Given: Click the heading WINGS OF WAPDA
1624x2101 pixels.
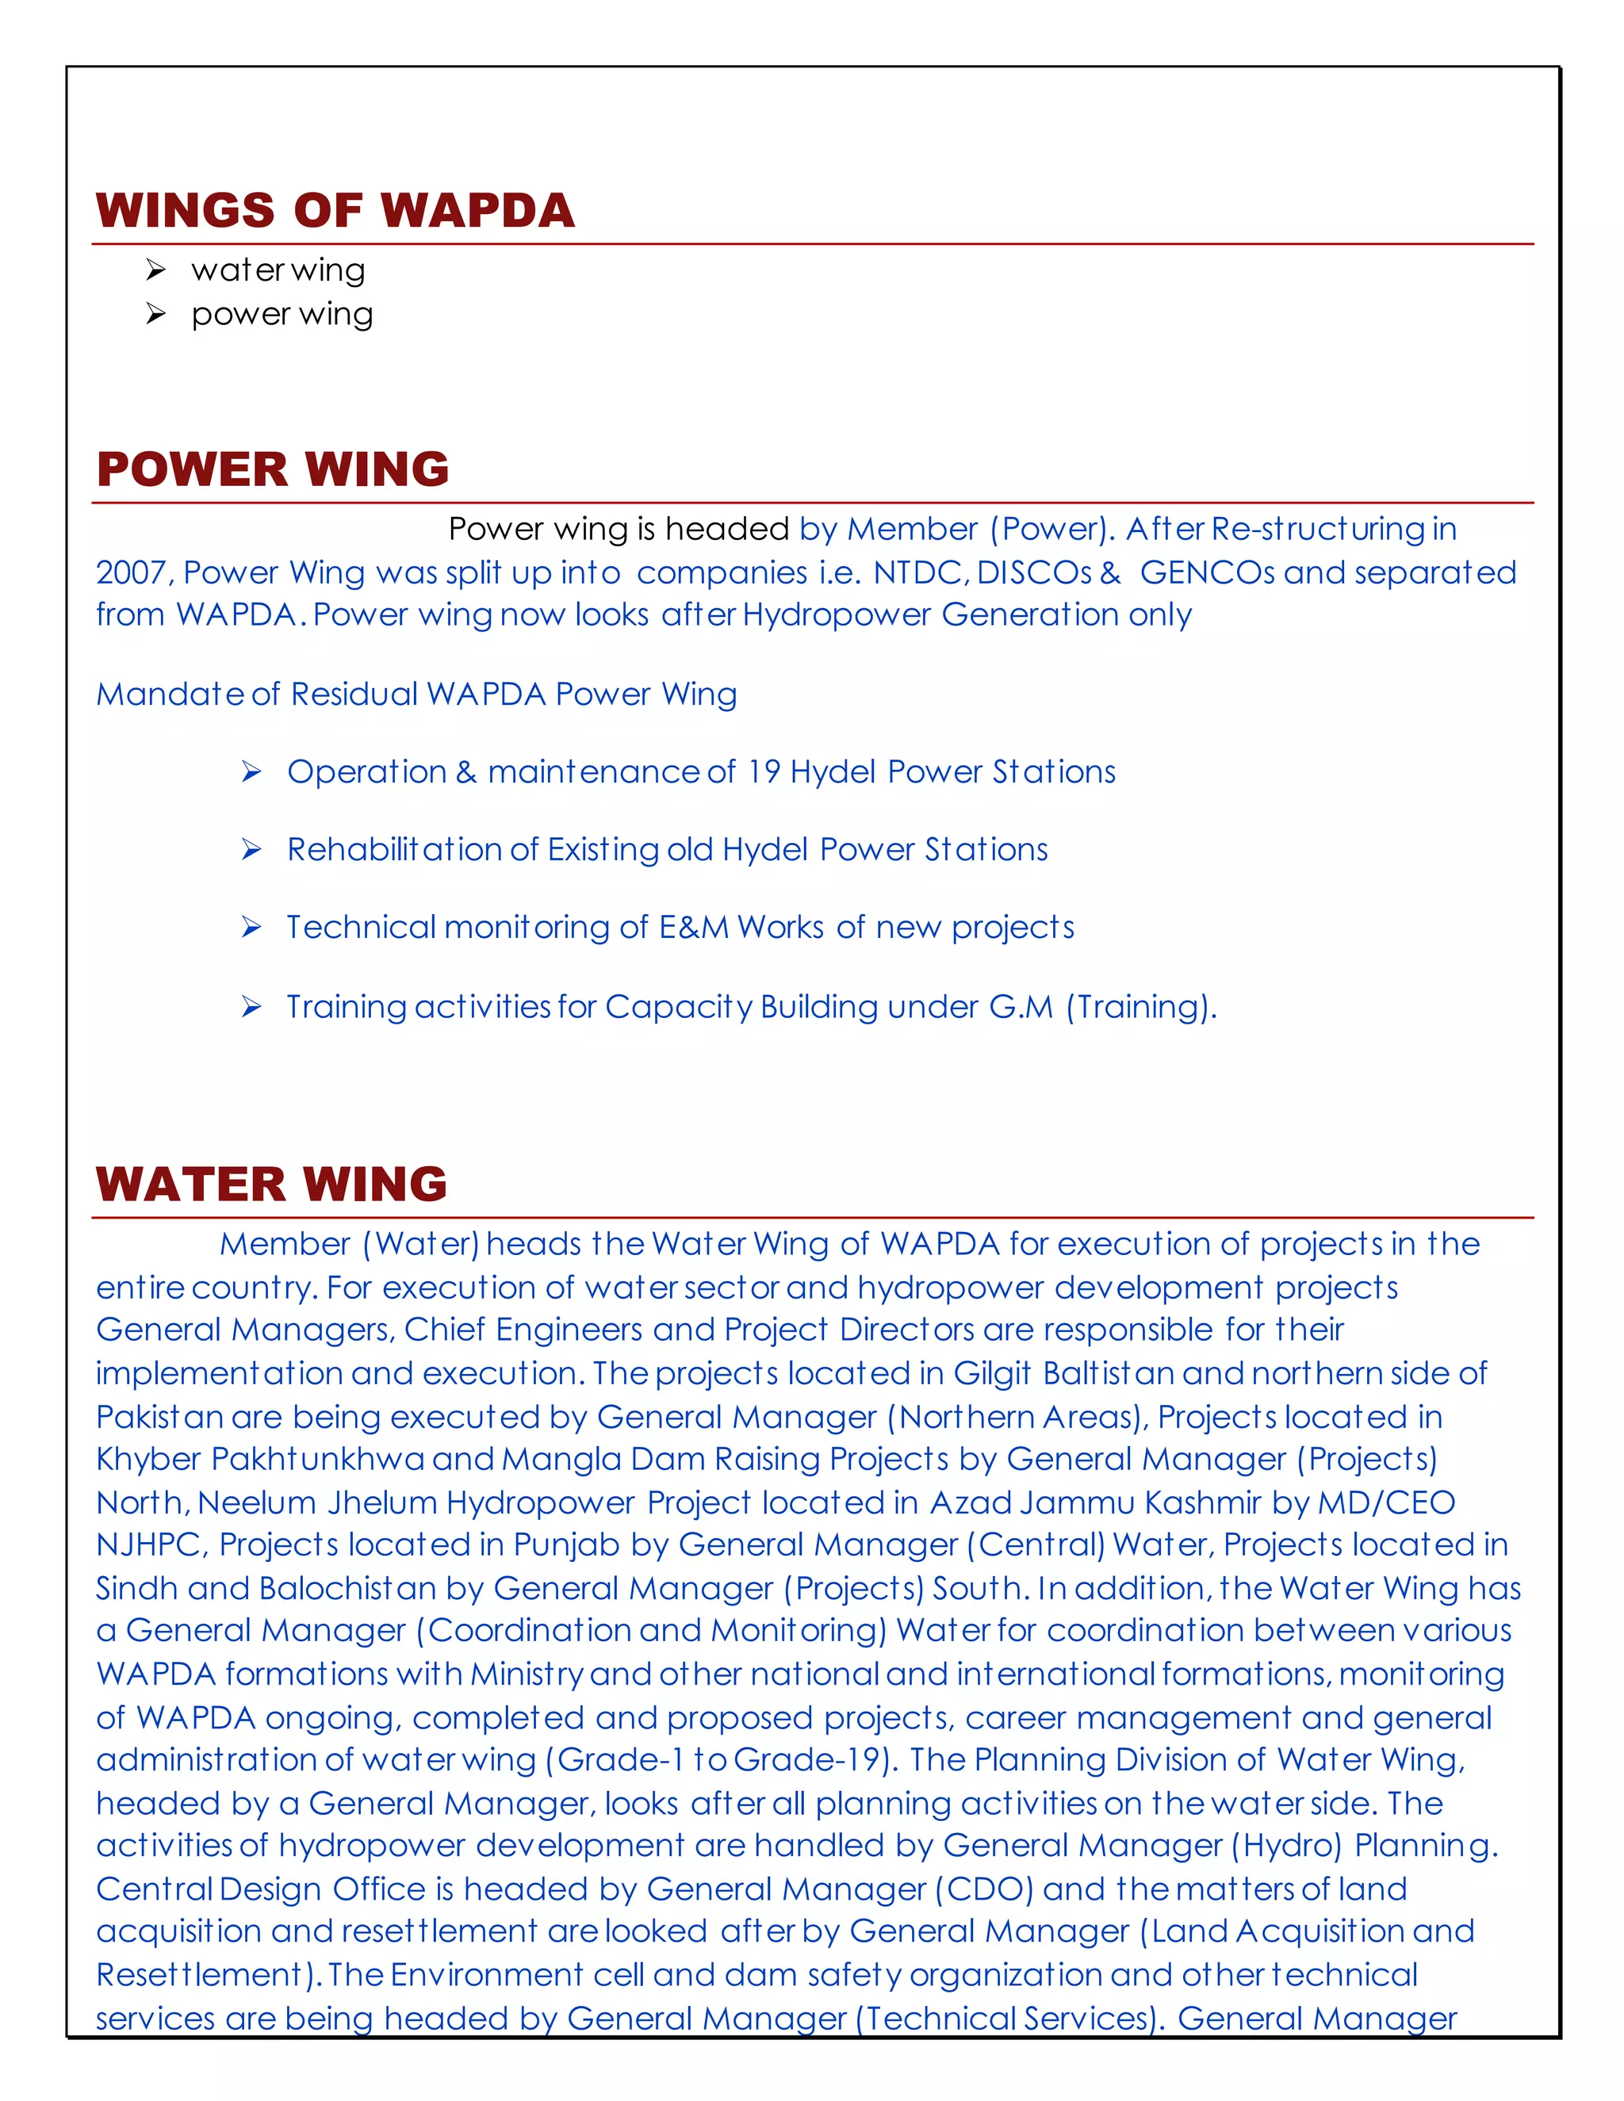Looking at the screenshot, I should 335,211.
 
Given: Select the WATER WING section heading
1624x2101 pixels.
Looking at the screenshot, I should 271,1184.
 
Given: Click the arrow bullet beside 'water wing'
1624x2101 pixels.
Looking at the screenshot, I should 156,270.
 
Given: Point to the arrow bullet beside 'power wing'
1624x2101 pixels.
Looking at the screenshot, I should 156,315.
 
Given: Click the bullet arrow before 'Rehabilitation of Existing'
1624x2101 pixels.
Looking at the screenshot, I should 252,849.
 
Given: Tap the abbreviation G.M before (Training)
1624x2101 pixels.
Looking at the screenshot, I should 1021,1007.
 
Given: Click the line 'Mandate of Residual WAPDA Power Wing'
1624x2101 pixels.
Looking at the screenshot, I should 416,695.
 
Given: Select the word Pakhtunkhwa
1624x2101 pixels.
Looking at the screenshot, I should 317,1460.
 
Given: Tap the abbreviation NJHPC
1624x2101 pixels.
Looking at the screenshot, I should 149,1545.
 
